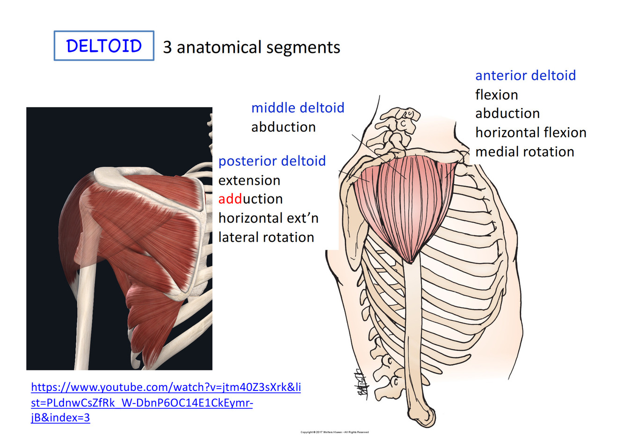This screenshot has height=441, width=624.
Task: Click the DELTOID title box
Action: coord(104,46)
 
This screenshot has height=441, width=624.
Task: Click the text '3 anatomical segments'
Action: coord(251,47)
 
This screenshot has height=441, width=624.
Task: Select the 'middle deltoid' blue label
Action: coord(297,108)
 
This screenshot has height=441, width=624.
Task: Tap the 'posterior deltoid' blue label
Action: coord(272,161)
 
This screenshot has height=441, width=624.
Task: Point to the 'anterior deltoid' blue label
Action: coord(525,75)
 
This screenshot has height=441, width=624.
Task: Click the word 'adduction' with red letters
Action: coord(250,199)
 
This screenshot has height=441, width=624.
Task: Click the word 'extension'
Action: coord(249,180)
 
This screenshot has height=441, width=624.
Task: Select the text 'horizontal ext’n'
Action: coord(268,218)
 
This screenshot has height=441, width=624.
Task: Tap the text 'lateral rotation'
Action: coord(266,237)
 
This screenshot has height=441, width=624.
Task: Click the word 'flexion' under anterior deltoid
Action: coord(496,95)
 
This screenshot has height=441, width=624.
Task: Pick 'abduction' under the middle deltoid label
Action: coord(283,127)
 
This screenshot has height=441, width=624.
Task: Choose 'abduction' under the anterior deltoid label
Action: coord(508,114)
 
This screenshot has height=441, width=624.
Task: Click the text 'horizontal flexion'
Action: coord(530,133)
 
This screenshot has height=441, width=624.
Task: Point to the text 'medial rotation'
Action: coord(524,152)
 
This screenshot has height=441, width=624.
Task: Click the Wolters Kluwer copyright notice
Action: coord(334,432)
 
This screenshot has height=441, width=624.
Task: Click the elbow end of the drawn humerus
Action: coord(425,414)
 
